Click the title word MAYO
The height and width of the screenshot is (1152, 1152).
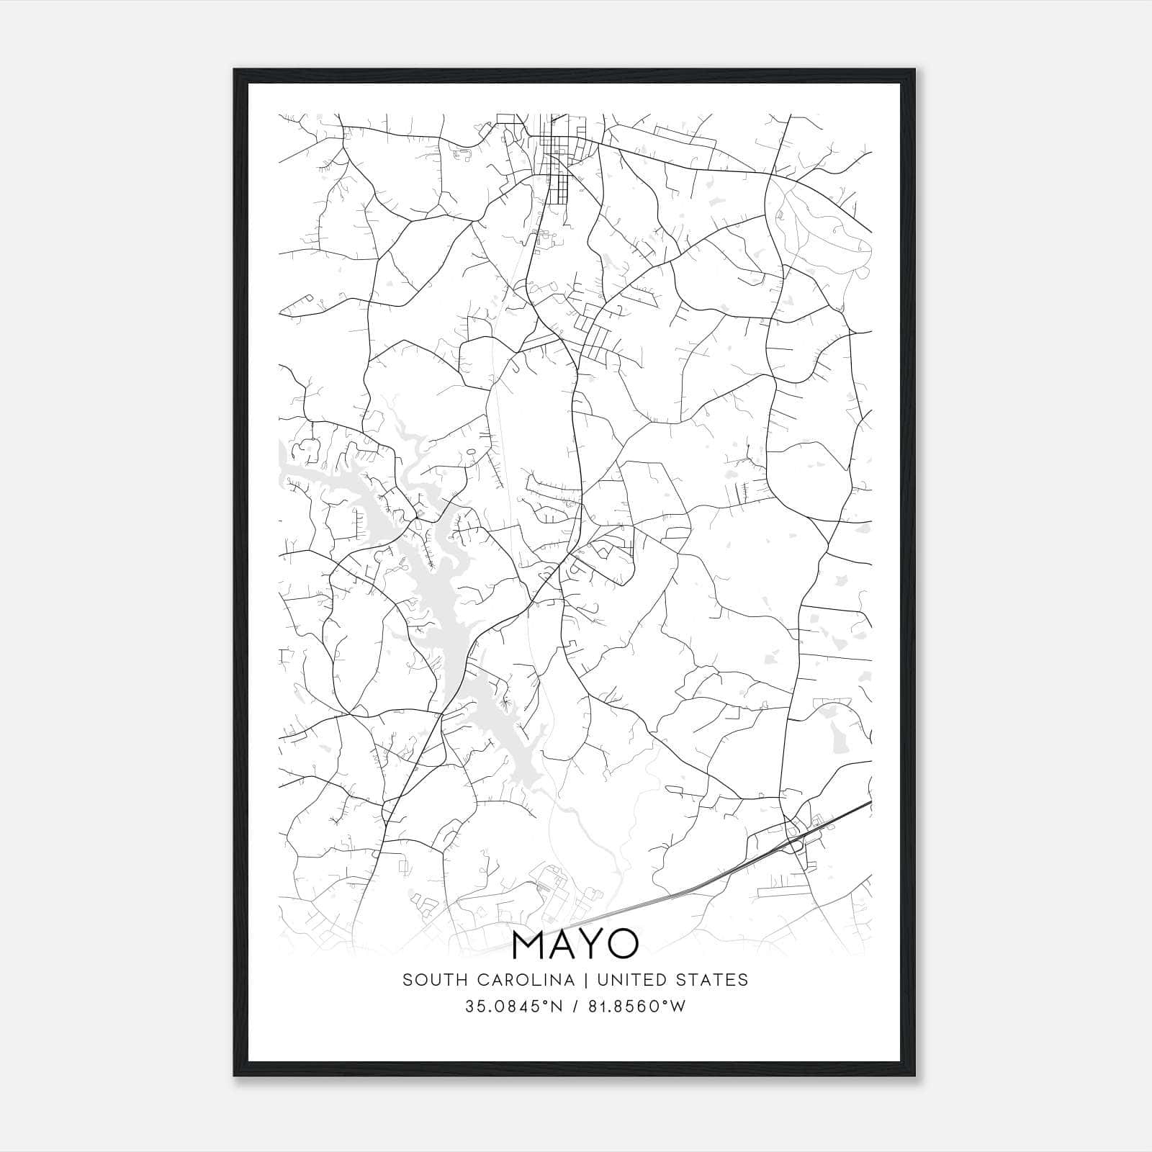pos(575,945)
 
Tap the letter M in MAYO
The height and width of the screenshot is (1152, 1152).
pos(529,945)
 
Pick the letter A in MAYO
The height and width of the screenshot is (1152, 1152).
pos(561,945)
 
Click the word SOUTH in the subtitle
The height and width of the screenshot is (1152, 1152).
pos(428,980)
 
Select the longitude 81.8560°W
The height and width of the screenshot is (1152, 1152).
pos(636,1007)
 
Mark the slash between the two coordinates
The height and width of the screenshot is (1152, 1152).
pos(574,1007)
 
